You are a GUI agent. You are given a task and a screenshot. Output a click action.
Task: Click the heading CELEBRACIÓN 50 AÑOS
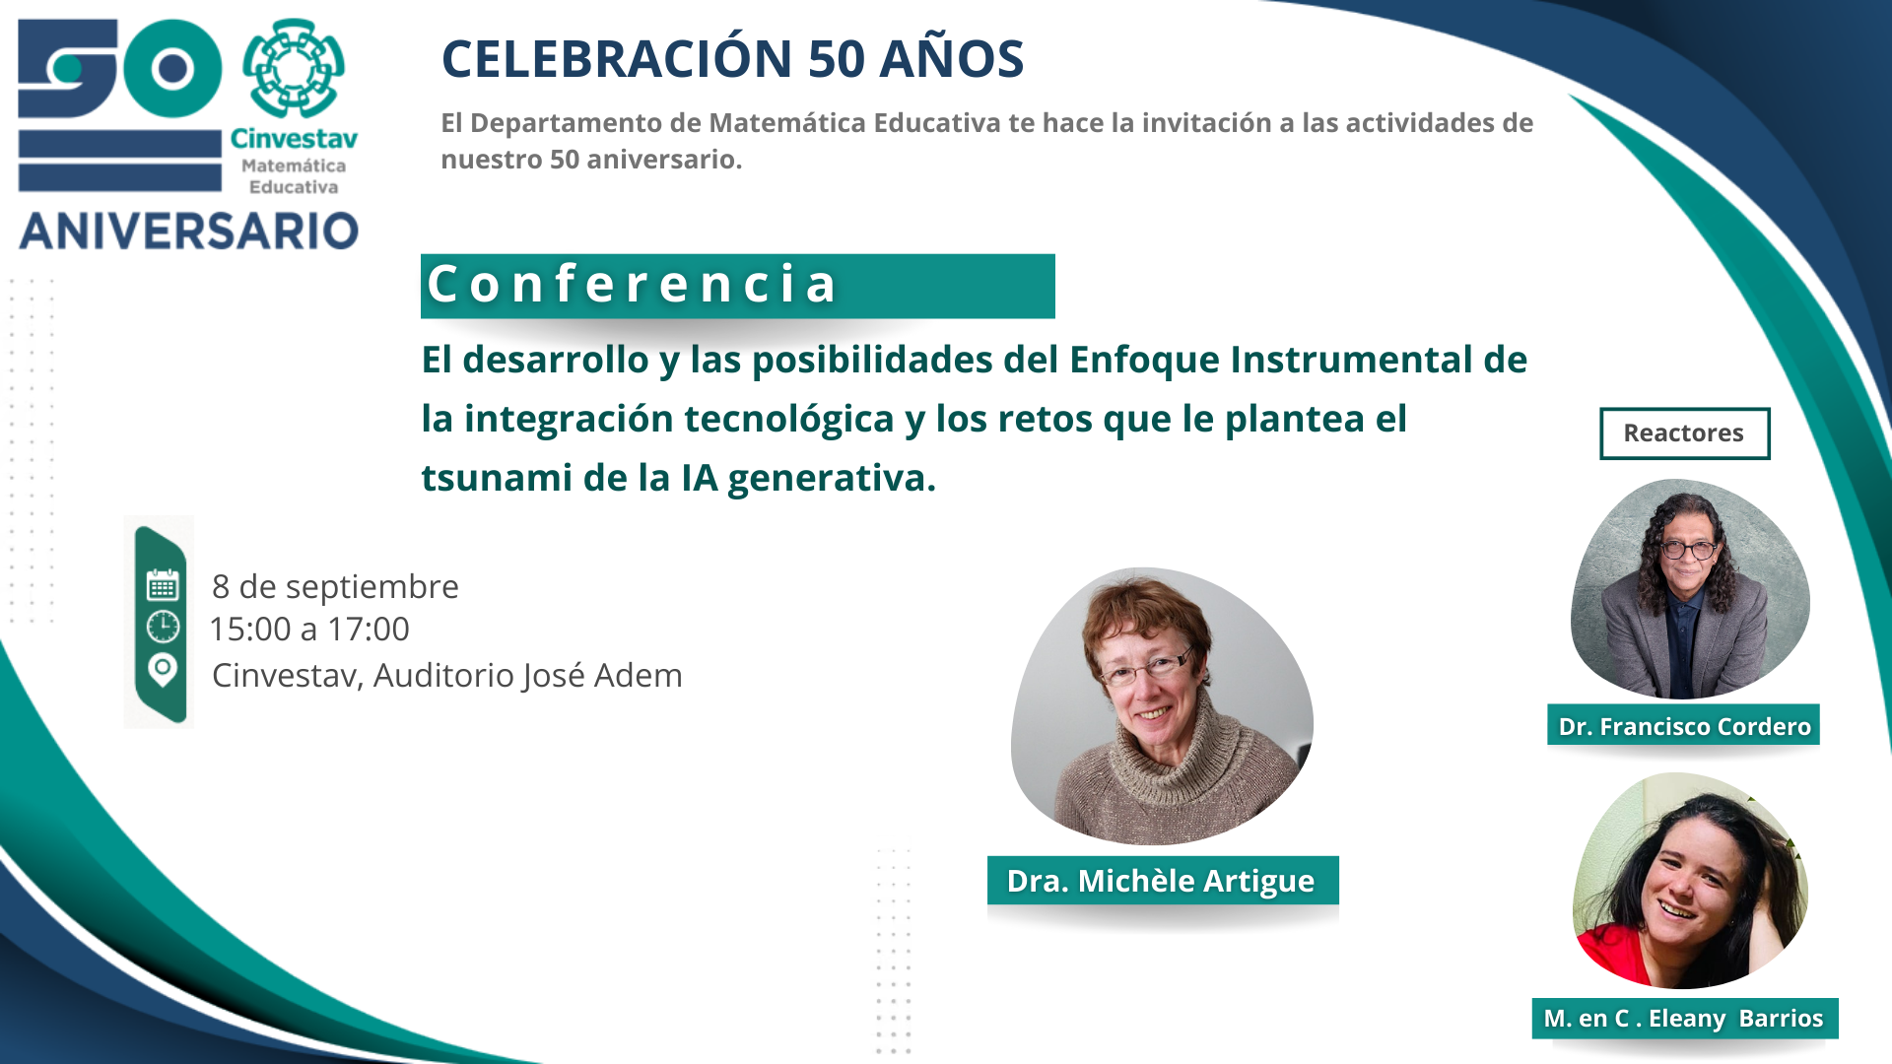pyautogui.click(x=732, y=59)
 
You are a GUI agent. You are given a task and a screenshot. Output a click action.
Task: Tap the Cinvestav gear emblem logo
pyautogui.click(x=293, y=69)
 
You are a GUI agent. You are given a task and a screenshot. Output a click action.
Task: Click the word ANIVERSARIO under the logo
pyautogui.click(x=189, y=232)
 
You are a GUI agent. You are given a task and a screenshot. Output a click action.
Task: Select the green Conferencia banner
pyautogui.click(x=737, y=286)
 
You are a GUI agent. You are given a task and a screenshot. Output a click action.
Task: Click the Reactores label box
pyautogui.click(x=1684, y=433)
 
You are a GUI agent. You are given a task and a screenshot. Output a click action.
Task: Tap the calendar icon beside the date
pyautogui.click(x=163, y=584)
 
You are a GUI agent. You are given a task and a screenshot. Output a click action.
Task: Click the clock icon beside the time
pyautogui.click(x=163, y=627)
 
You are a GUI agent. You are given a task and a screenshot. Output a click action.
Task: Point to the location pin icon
pyautogui.click(x=163, y=670)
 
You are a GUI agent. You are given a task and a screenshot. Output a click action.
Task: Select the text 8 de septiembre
pyautogui.click(x=335, y=587)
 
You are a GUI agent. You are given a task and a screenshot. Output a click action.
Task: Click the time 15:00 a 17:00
pyautogui.click(x=309, y=630)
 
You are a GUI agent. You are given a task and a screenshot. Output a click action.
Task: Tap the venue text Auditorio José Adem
pyautogui.click(x=528, y=676)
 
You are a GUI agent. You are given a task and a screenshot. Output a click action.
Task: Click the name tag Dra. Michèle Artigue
pyautogui.click(x=1162, y=880)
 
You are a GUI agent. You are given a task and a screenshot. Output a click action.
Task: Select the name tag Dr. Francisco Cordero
pyautogui.click(x=1684, y=726)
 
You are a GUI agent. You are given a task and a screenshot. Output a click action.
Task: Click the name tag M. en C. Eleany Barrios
pyautogui.click(x=1684, y=1018)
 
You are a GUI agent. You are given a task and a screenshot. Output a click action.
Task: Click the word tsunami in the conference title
pyautogui.click(x=497, y=478)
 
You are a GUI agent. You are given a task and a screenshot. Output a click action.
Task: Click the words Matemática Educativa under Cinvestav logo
pyautogui.click(x=294, y=176)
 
